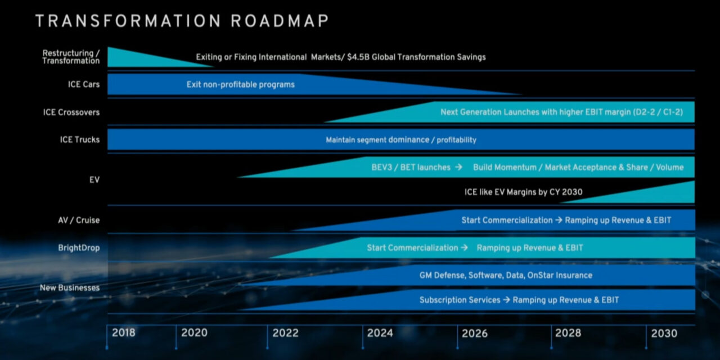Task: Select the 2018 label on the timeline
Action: click(x=123, y=333)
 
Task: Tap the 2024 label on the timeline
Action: click(x=380, y=333)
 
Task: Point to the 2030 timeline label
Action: click(x=664, y=333)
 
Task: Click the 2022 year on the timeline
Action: click(x=285, y=333)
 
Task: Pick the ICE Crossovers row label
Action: click(x=71, y=112)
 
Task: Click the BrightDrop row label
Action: click(x=79, y=247)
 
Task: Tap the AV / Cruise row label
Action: click(x=79, y=220)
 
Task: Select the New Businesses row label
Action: click(x=70, y=287)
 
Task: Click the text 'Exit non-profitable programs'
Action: click(x=241, y=84)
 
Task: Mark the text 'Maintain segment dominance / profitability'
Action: click(x=401, y=139)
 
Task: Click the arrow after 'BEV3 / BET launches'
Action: click(x=458, y=167)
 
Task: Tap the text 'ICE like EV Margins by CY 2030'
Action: click(x=523, y=192)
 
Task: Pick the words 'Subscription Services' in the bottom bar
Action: click(x=460, y=300)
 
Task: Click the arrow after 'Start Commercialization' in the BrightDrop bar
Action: click(x=464, y=247)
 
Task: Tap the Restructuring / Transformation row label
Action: click(x=71, y=57)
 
